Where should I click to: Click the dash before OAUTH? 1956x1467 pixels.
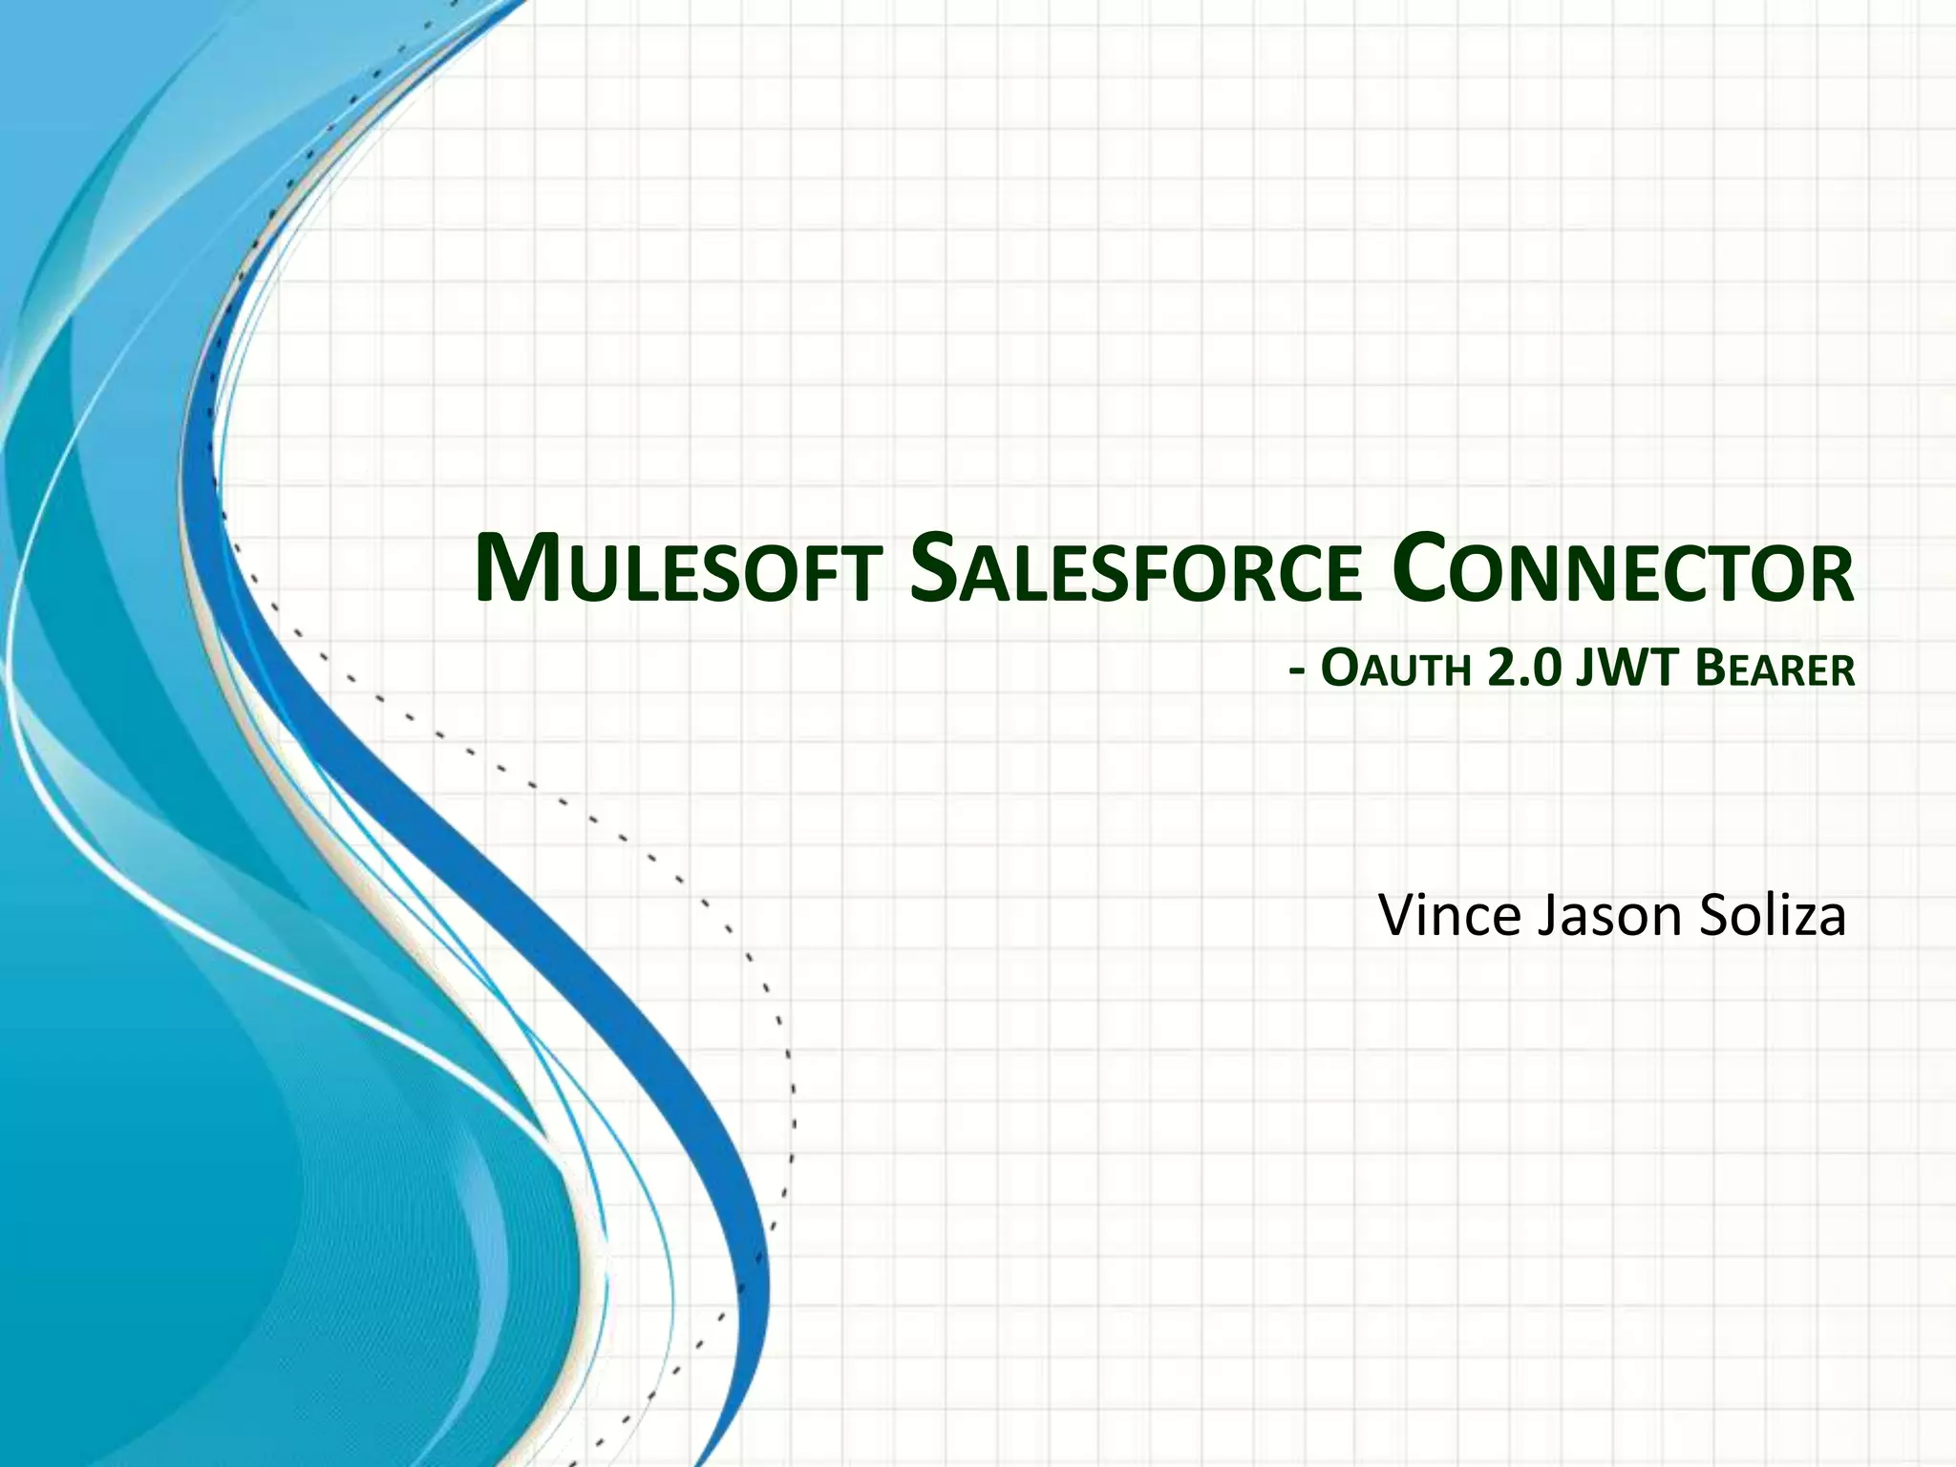(x=1297, y=672)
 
